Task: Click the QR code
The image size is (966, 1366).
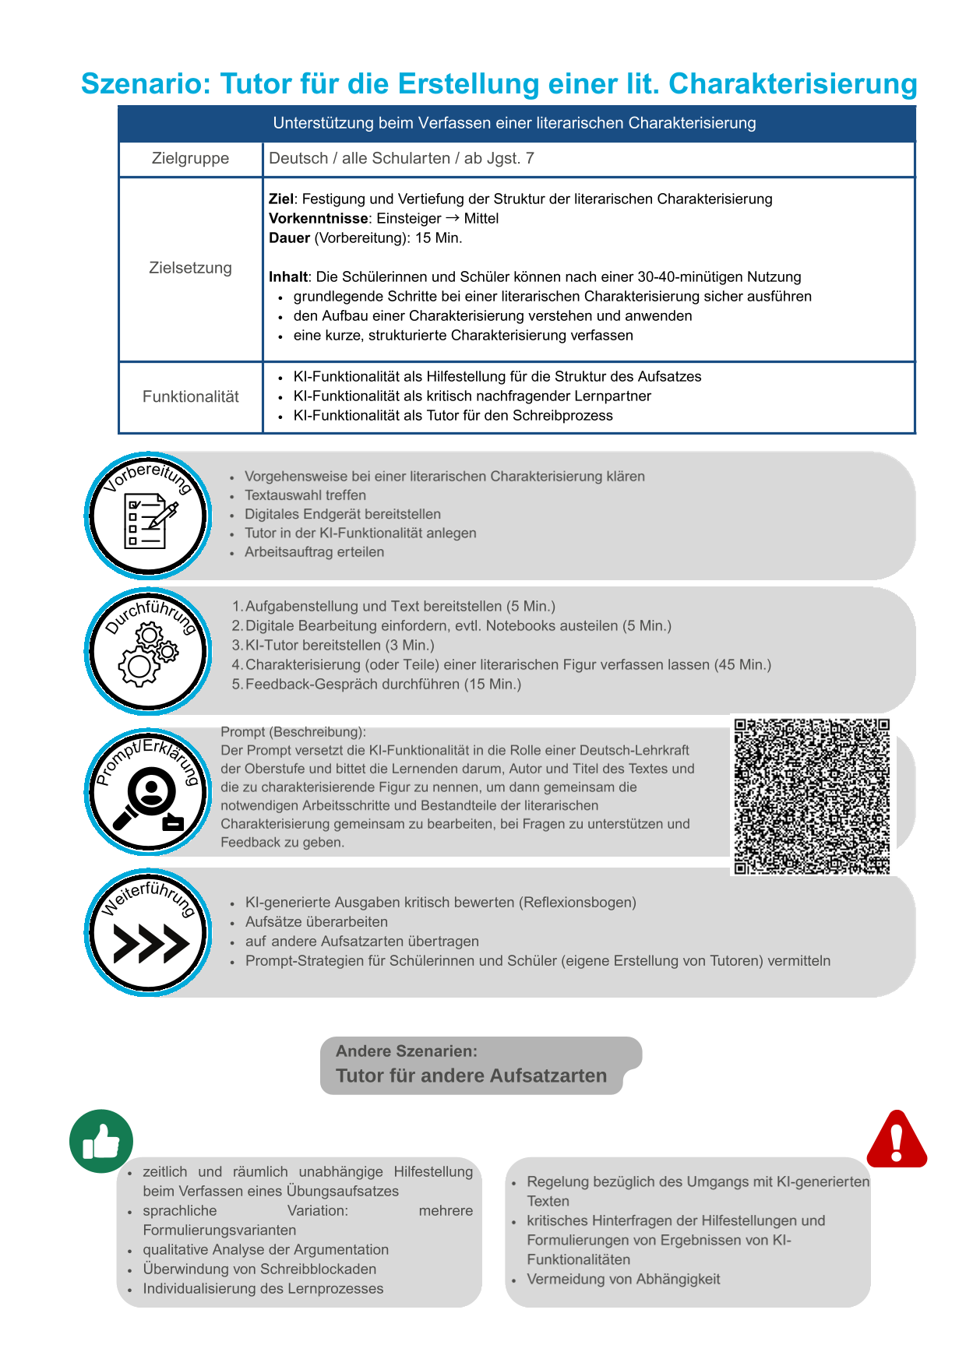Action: [812, 796]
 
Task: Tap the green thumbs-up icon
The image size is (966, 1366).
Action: [101, 1142]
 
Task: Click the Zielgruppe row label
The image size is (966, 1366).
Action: [190, 159]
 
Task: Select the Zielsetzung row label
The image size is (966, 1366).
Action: [190, 268]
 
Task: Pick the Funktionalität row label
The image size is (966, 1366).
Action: [190, 397]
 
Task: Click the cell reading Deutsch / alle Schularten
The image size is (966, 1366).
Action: [401, 159]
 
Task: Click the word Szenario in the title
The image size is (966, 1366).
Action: [146, 84]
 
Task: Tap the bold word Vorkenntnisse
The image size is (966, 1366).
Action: [318, 219]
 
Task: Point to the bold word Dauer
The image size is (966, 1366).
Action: [289, 238]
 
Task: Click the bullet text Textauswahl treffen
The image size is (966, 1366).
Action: [305, 495]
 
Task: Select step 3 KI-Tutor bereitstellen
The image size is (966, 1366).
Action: [339, 646]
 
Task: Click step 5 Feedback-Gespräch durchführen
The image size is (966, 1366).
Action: [383, 685]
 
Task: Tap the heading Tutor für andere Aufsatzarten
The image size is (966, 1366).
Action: [471, 1076]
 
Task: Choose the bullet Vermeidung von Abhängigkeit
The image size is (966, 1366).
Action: [623, 1280]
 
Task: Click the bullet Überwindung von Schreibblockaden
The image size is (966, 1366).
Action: [259, 1269]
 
